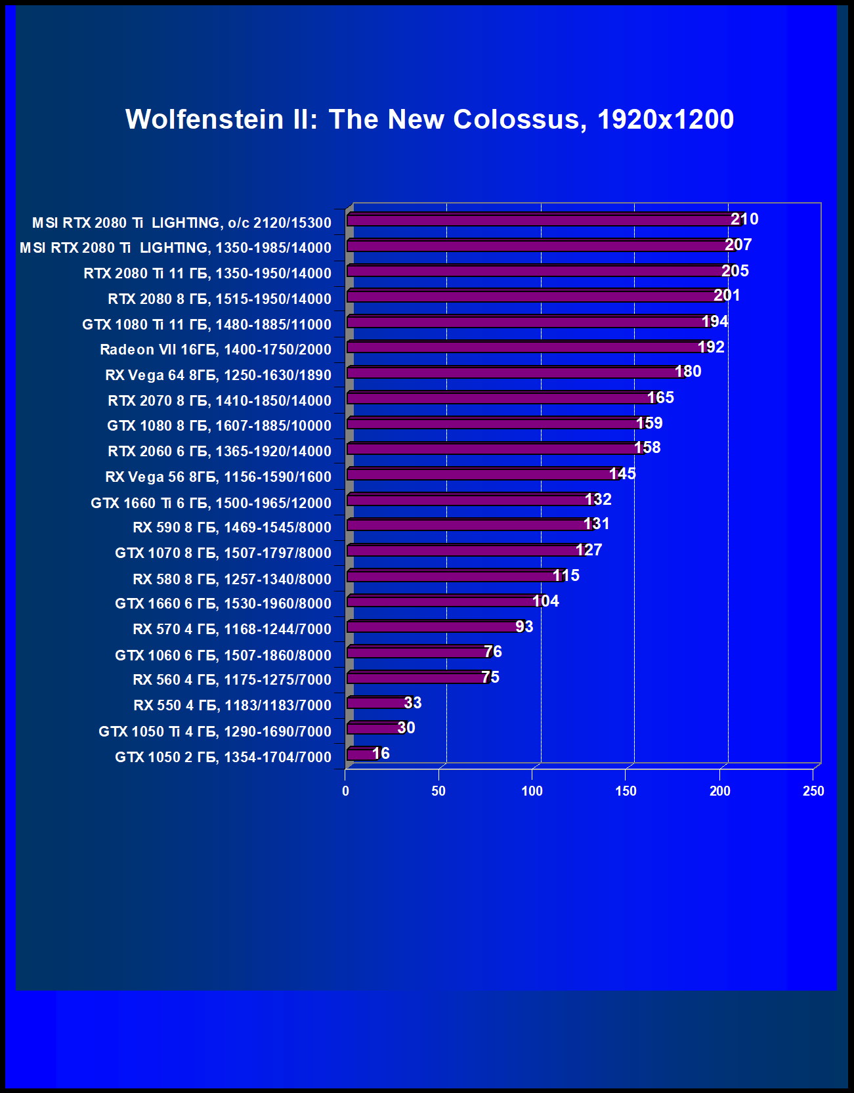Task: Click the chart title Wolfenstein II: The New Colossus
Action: (x=429, y=119)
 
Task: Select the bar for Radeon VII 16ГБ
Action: (x=525, y=347)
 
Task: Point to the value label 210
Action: (x=744, y=219)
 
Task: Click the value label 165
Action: (x=660, y=398)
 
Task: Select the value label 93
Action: (x=524, y=627)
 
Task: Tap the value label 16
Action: (x=381, y=754)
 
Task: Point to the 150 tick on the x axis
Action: (x=626, y=791)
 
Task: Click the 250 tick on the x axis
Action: (x=813, y=791)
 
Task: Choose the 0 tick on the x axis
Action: (x=346, y=791)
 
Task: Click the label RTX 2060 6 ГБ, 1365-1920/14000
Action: (x=219, y=451)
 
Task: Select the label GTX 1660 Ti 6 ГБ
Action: (x=211, y=503)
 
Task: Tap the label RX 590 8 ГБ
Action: (x=232, y=527)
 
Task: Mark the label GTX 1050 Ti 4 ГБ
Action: (x=215, y=731)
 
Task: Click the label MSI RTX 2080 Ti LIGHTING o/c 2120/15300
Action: (x=182, y=223)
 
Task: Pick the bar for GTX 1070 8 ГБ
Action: (x=463, y=551)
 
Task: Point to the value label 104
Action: (x=545, y=601)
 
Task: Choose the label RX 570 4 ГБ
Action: (x=232, y=629)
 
